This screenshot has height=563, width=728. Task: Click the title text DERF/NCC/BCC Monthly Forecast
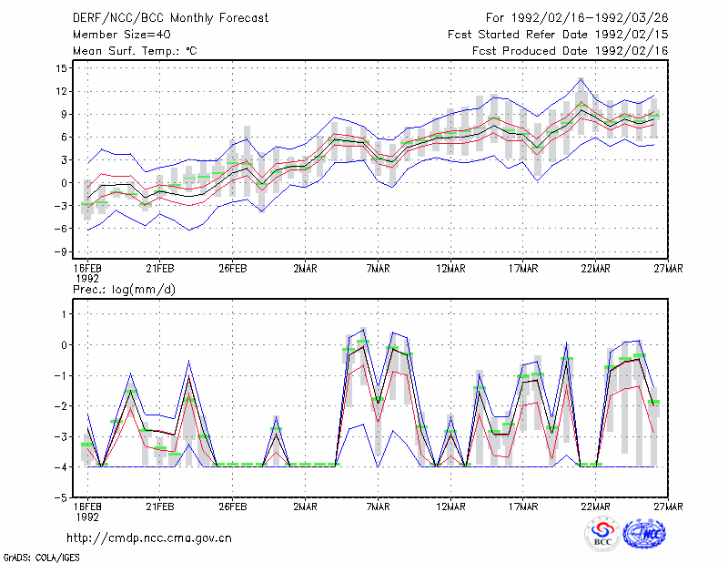[x=170, y=18]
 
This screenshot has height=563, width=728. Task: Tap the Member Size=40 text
[x=122, y=35]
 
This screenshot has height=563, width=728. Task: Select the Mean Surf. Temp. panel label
[x=135, y=51]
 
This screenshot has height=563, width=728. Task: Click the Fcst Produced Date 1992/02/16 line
[x=571, y=51]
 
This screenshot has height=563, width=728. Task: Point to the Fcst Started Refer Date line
[x=558, y=35]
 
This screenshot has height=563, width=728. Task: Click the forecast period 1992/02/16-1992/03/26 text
[x=577, y=18]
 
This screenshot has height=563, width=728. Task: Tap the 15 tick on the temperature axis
[x=62, y=68]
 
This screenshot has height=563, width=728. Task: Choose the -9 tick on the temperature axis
[x=60, y=251]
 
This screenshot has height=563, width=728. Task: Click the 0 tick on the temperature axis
[x=64, y=183]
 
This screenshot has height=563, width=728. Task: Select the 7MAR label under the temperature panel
[x=378, y=269]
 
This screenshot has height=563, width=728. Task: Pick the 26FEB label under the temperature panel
[x=233, y=269]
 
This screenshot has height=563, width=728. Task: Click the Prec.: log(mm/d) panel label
[x=124, y=290]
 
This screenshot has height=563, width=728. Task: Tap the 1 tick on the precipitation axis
[x=65, y=314]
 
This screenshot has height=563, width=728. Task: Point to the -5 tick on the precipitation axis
[x=60, y=497]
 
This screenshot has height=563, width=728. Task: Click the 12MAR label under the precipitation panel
[x=450, y=507]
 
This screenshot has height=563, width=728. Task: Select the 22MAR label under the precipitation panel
[x=596, y=507]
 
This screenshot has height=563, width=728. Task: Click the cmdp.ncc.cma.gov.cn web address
[x=149, y=538]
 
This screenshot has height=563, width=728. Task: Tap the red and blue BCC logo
[x=602, y=535]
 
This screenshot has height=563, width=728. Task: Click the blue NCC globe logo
[x=644, y=534]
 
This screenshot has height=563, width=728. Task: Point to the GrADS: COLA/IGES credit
[x=41, y=558]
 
